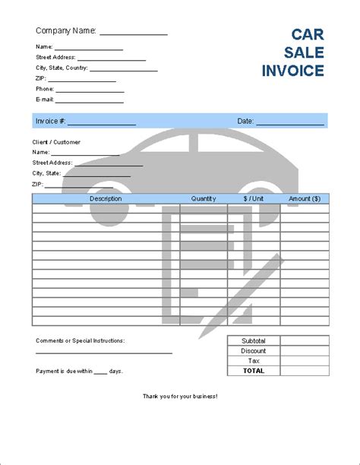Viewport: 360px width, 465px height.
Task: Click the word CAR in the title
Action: click(x=308, y=34)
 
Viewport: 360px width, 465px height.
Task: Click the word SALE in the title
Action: click(x=305, y=53)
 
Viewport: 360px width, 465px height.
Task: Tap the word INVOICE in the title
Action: click(x=292, y=71)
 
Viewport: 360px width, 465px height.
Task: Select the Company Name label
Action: click(x=66, y=31)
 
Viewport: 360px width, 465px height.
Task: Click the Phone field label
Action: click(x=45, y=88)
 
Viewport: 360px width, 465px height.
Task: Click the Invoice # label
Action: click(x=51, y=121)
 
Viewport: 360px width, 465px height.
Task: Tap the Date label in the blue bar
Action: click(x=245, y=121)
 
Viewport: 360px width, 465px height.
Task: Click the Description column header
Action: click(x=106, y=198)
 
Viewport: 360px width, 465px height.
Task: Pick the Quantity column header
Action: click(x=204, y=198)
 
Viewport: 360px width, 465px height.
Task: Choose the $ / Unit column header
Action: click(x=254, y=198)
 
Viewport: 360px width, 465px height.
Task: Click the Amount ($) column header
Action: click(x=305, y=198)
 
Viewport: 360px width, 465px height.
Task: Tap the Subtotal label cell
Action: click(x=254, y=341)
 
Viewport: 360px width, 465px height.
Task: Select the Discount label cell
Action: click(x=254, y=351)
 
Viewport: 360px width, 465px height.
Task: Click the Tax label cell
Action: click(x=254, y=361)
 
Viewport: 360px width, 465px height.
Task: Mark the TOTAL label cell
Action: click(x=254, y=371)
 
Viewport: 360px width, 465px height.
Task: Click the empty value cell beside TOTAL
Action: click(x=305, y=371)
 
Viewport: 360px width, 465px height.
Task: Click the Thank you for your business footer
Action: click(x=180, y=397)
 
